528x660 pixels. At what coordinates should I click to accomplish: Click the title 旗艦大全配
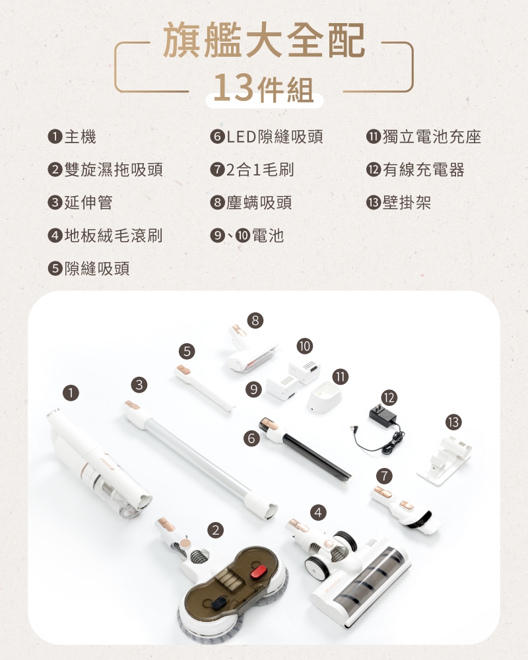263,40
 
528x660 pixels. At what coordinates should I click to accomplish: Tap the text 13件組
263,88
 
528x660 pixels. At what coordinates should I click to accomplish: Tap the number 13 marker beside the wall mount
453,422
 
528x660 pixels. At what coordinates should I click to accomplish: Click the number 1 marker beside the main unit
71,393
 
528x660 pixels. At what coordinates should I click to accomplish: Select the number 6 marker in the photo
251,439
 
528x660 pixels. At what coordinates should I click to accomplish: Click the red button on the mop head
258,572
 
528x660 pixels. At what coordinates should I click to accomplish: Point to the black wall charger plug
382,413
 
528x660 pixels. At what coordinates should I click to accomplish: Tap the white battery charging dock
323,397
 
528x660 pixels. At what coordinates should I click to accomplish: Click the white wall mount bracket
445,461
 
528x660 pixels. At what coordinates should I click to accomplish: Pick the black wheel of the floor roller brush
317,567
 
